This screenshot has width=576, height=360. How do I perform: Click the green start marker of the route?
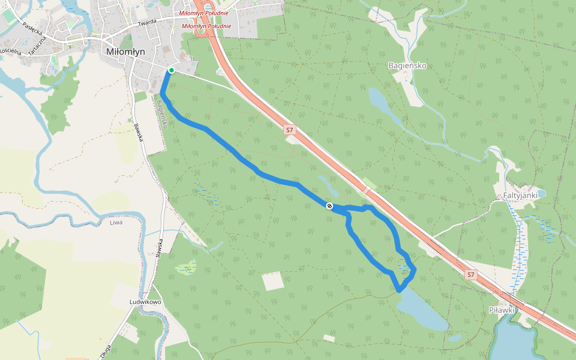tap(171, 70)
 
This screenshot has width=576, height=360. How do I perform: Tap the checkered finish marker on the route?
tap(329, 206)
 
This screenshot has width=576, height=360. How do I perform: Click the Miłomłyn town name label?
tap(125, 52)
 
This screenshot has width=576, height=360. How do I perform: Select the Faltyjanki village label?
tap(515, 195)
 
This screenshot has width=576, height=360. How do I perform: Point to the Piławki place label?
tap(502, 310)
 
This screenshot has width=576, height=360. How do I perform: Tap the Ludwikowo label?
tap(145, 302)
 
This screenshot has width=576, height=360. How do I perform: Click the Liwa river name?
tap(116, 223)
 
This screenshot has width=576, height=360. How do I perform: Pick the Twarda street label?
tap(146, 22)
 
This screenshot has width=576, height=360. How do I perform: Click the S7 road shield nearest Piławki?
tap(470, 275)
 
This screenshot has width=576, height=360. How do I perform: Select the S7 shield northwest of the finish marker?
tap(290, 130)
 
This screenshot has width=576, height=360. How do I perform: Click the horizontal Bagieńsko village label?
tap(407, 65)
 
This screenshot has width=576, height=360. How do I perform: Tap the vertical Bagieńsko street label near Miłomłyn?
tap(161, 113)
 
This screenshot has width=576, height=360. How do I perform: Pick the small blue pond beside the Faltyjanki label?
tap(542, 193)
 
